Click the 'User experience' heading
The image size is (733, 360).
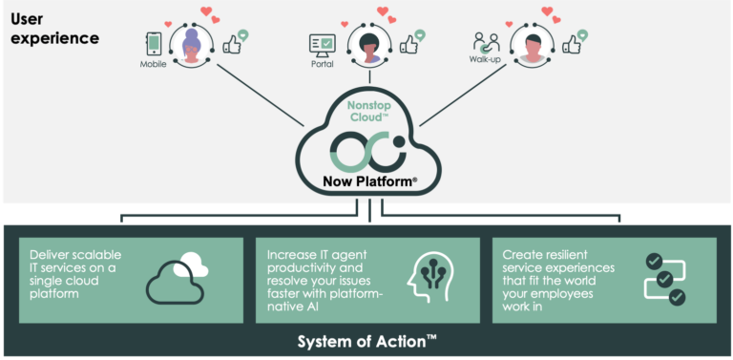point(54,29)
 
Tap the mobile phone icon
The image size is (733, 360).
point(154,44)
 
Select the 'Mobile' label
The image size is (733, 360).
point(154,65)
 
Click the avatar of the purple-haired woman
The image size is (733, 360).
point(192,45)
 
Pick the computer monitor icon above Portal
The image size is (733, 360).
point(323,44)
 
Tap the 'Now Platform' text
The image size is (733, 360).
point(366,182)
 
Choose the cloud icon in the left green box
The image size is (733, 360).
point(178,276)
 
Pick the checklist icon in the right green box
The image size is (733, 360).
point(664,278)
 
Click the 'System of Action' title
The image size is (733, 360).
point(366,342)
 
